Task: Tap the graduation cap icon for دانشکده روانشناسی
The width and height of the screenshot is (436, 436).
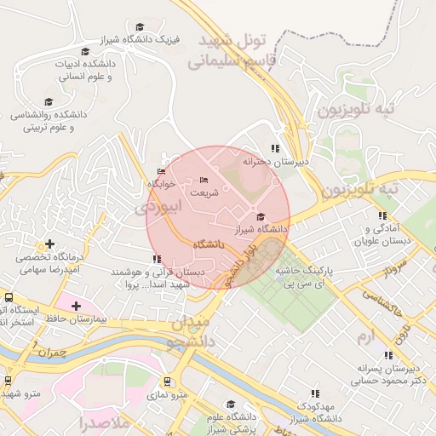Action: (x=49, y=101)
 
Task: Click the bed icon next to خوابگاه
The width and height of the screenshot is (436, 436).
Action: (x=162, y=172)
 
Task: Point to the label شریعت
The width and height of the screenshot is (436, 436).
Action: (x=204, y=192)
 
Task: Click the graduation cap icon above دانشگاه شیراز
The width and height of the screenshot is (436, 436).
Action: (x=261, y=217)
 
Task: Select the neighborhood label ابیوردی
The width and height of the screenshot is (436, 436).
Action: (x=158, y=206)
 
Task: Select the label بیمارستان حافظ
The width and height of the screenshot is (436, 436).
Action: (x=100, y=318)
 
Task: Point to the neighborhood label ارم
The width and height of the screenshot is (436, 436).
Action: (x=366, y=338)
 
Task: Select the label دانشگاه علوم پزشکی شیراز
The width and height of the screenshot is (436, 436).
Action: (x=230, y=422)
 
